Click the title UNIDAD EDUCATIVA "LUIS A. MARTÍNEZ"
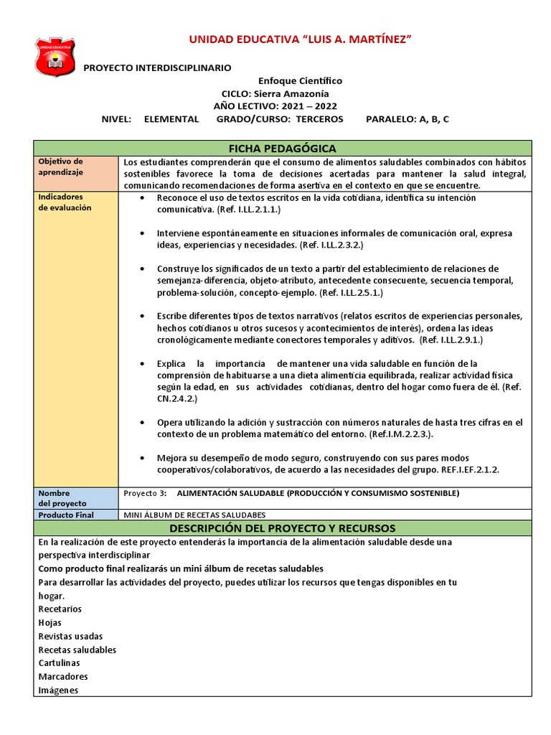click(300, 38)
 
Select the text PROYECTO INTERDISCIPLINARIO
click(158, 67)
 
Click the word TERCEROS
click(319, 119)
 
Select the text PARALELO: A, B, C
click(407, 119)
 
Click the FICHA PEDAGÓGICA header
click(282, 149)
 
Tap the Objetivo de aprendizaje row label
click(61, 167)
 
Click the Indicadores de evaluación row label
click(65, 202)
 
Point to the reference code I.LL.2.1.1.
click(254, 210)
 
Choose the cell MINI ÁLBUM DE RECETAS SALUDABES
click(194, 515)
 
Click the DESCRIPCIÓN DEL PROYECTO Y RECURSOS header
click(282, 529)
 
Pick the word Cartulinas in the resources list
click(60, 663)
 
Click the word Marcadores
click(63, 677)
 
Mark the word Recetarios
click(60, 609)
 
